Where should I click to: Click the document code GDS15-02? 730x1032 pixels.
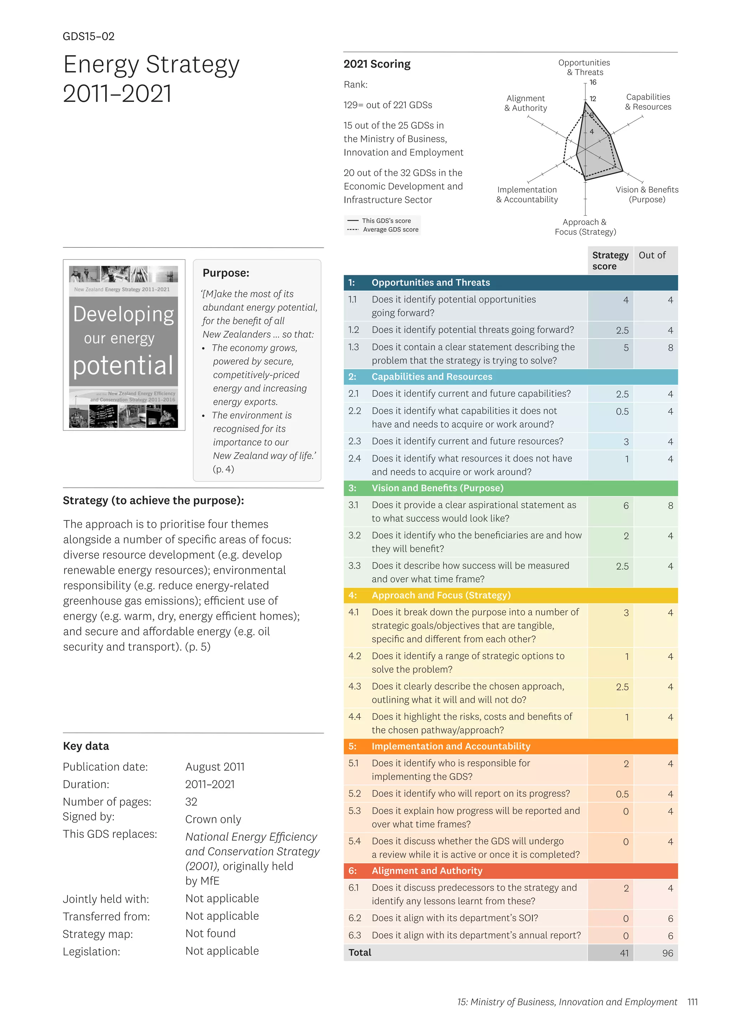coord(88,36)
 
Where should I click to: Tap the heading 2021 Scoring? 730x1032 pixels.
coord(377,64)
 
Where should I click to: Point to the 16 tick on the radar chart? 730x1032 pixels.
coord(593,82)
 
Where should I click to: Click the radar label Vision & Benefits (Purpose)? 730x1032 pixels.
coord(647,195)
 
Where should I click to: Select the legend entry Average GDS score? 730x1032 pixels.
coord(390,230)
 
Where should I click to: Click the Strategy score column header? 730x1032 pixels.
coord(610,261)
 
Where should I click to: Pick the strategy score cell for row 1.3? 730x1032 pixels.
coord(626,348)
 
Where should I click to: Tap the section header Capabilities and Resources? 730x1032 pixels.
coord(432,377)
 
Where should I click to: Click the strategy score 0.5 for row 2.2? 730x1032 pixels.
coord(622,412)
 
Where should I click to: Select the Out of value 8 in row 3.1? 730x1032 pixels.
coord(670,506)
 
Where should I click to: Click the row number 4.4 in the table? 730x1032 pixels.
coord(355,717)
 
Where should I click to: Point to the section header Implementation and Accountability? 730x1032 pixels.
coord(451,746)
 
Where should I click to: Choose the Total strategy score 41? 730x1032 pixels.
coord(624,953)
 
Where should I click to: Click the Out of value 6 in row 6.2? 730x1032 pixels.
coord(670,919)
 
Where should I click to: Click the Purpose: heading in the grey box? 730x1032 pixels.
coord(226,273)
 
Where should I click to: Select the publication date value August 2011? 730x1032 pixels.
coord(215,767)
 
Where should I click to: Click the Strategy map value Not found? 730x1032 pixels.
coord(210,934)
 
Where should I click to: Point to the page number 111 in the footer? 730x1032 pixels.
coord(692,1002)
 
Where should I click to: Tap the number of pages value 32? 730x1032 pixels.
coord(191,802)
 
